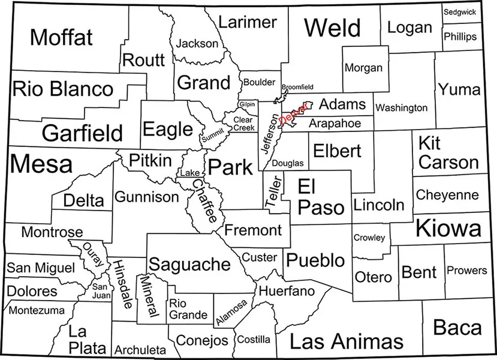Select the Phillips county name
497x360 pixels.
[460, 37]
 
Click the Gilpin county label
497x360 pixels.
[247, 104]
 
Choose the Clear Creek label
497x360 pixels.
[244, 124]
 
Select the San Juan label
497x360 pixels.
[100, 290]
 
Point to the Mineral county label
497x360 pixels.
[148, 296]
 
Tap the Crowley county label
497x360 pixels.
[369, 238]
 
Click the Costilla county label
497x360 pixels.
[254, 340]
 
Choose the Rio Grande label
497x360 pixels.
[188, 309]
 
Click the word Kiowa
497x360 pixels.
[448, 229]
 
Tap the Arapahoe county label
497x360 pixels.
[335, 123]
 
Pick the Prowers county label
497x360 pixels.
[467, 271]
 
